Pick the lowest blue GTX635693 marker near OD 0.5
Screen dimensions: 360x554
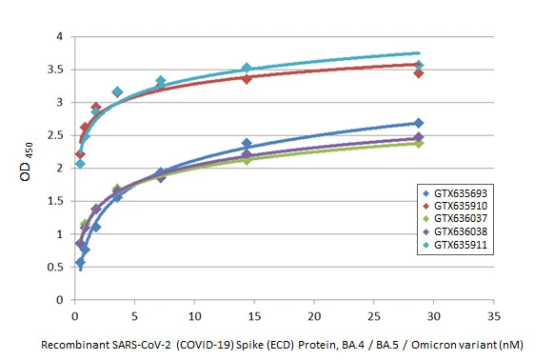pos(80,262)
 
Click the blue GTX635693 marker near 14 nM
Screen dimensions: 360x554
pos(247,144)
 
